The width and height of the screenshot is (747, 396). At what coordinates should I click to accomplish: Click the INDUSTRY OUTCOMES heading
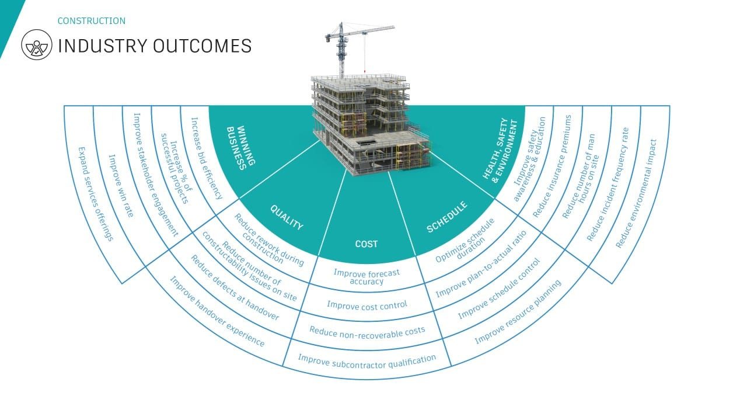click(155, 46)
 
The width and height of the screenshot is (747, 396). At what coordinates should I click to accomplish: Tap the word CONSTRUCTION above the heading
click(91, 21)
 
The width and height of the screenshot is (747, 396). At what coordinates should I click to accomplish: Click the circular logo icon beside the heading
click(37, 46)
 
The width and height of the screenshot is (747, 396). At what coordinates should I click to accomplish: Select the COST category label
click(366, 244)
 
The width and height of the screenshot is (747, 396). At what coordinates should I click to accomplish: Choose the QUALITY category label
click(287, 217)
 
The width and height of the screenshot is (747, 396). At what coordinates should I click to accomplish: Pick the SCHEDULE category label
click(447, 217)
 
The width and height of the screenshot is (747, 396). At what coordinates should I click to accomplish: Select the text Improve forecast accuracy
click(367, 276)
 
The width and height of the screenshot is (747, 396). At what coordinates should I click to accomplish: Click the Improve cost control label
click(367, 304)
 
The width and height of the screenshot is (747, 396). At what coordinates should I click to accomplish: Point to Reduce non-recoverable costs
click(367, 331)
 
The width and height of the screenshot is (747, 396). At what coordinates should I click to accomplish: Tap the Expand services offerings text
click(96, 194)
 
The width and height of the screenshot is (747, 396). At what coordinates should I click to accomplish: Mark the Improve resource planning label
click(518, 311)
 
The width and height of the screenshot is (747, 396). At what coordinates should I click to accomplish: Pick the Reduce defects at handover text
click(235, 289)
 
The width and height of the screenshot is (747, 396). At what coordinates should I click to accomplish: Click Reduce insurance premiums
click(551, 166)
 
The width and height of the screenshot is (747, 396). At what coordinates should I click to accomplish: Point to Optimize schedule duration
click(465, 240)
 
